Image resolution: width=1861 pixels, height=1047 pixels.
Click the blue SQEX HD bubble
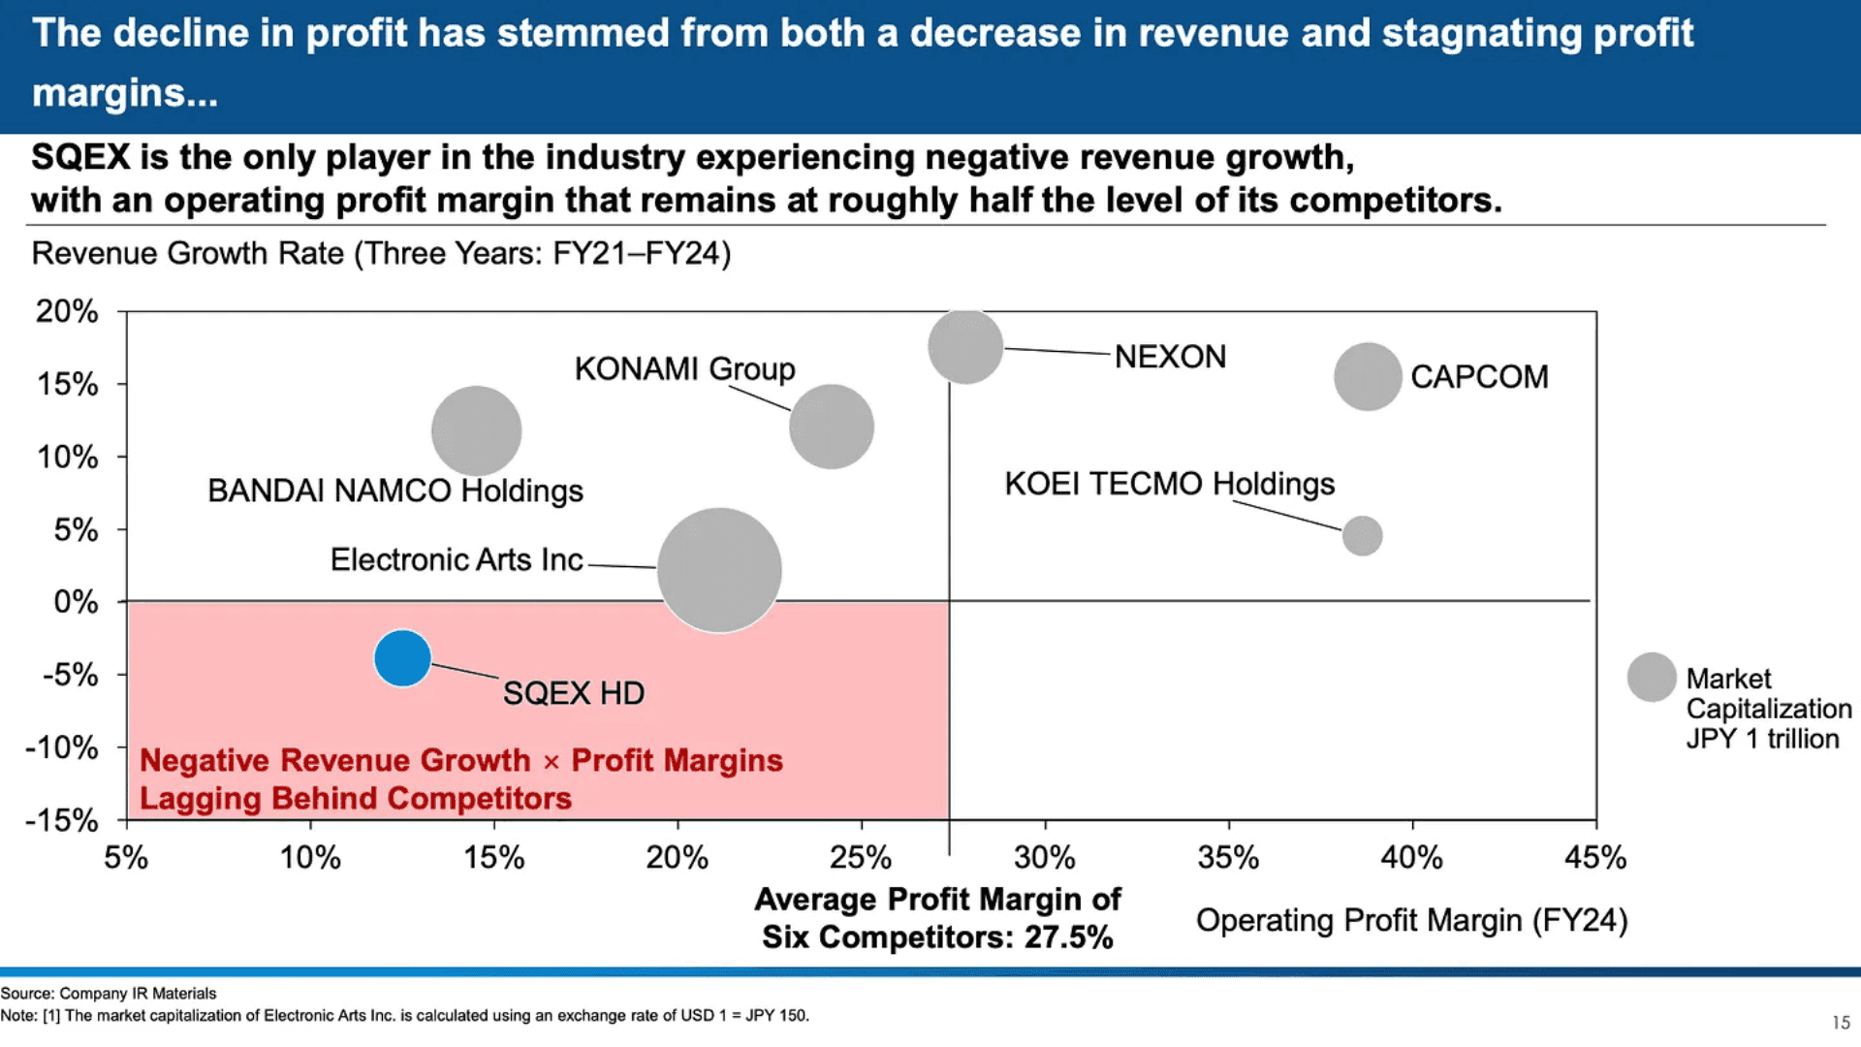(x=402, y=658)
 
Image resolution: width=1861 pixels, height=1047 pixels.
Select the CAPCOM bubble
(x=1368, y=376)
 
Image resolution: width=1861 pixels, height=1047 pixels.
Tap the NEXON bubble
(x=965, y=346)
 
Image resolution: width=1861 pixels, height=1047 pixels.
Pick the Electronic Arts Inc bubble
(x=719, y=570)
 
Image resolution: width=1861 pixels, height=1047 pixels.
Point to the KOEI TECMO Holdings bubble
(x=1362, y=535)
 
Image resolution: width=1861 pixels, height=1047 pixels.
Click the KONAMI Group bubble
(x=831, y=427)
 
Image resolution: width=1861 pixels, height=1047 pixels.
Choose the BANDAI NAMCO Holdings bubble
(x=476, y=430)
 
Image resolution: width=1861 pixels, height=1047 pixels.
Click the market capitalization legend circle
(x=1652, y=677)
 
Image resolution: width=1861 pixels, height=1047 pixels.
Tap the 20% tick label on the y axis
(x=67, y=311)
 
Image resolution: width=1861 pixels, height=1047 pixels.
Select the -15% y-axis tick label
(x=62, y=820)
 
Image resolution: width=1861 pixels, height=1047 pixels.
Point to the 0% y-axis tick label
(x=76, y=602)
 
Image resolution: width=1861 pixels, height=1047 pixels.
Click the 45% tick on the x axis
(x=1594, y=858)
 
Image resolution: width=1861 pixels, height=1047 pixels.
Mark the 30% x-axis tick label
(x=1044, y=858)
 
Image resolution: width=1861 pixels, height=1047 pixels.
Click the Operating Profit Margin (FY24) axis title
(x=1411, y=920)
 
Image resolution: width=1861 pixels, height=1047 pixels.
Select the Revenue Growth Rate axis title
(x=381, y=253)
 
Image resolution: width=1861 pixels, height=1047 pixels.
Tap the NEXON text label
(x=1170, y=357)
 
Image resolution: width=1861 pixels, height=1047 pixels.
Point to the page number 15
(x=1841, y=1022)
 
